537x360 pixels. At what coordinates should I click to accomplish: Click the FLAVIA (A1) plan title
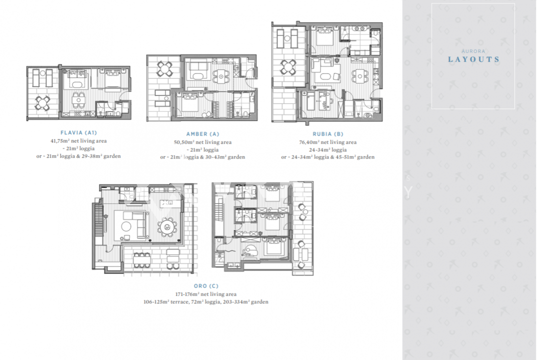click(79, 132)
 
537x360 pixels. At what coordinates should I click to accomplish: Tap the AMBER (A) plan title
click(202, 134)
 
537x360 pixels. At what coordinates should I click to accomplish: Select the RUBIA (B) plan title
click(327, 134)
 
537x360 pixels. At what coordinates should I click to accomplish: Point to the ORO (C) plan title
click(206, 285)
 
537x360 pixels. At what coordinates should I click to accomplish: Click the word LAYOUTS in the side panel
click(473, 59)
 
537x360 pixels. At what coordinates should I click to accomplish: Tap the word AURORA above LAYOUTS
click(473, 51)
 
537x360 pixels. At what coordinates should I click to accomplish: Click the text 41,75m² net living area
click(78, 141)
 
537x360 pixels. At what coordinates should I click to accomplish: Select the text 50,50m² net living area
click(202, 142)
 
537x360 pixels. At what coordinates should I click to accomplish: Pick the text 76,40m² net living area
click(327, 142)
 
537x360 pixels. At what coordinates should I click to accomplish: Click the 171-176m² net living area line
click(206, 294)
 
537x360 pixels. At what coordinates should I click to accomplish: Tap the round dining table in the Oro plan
click(167, 227)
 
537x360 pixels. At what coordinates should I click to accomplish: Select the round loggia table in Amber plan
click(164, 68)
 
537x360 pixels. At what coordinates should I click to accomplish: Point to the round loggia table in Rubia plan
click(288, 67)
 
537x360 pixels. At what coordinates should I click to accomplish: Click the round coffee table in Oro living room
click(126, 226)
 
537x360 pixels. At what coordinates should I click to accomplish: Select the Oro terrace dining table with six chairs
click(142, 260)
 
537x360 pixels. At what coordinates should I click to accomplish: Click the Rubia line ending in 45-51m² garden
click(327, 157)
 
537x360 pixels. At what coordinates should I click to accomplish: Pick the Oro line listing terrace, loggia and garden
click(206, 302)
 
